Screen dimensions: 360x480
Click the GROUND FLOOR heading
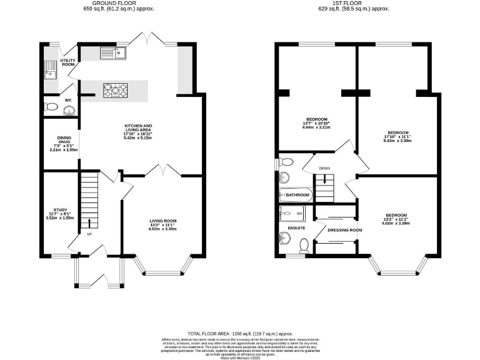pos(119,3)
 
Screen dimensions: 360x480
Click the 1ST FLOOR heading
pos(354,3)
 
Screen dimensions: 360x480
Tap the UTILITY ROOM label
pos(67,62)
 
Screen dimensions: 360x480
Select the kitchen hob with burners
pos(115,91)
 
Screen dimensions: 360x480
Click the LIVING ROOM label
pos(162,221)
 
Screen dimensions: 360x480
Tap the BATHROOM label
pos(298,196)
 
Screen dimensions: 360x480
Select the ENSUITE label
pos(296,228)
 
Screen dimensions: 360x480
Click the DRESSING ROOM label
pos(344,230)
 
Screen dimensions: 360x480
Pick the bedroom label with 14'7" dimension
pos(317,119)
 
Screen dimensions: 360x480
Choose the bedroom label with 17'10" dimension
pos(398,132)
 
